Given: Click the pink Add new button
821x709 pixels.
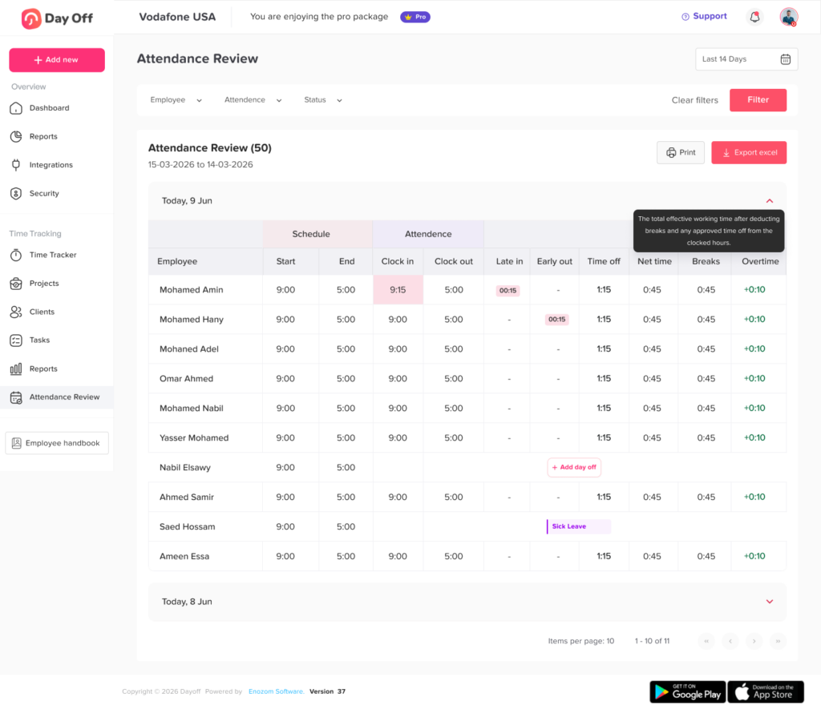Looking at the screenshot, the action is (x=57, y=60).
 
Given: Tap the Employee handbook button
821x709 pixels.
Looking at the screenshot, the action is (x=57, y=443).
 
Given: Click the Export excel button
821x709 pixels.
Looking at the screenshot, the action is (x=749, y=153).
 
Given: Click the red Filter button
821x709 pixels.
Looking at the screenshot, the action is (x=758, y=100).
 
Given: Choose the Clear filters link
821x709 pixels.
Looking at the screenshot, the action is (x=695, y=100).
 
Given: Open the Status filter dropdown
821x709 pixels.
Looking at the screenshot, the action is (x=323, y=100).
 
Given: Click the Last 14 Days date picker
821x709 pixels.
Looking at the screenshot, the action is (x=746, y=59).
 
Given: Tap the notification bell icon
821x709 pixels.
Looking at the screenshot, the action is (x=754, y=17).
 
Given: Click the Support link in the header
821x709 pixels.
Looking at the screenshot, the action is (x=704, y=16).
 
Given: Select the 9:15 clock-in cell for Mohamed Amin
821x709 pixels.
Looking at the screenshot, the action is (x=398, y=290).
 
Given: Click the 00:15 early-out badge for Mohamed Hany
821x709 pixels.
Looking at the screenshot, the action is (x=556, y=319).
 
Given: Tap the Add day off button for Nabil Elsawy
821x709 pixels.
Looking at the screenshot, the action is (x=574, y=467).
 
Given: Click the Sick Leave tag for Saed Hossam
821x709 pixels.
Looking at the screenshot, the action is (x=578, y=526).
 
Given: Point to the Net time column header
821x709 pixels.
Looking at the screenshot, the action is (x=654, y=261).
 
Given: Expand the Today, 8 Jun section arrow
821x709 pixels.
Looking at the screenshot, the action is (x=769, y=602).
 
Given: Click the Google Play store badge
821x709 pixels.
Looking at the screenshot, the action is (x=687, y=691).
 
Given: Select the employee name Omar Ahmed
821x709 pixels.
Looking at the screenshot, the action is (x=186, y=378).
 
